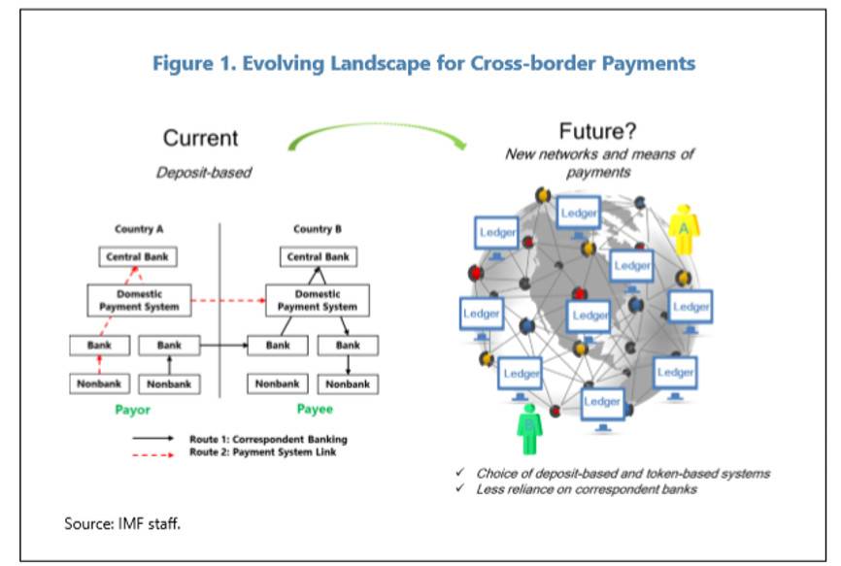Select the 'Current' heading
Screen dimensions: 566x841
pos(200,138)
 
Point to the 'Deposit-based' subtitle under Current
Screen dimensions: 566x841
pos(204,173)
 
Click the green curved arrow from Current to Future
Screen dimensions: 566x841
pos(378,132)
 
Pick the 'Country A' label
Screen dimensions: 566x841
pos(140,229)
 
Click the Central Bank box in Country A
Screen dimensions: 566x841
pos(137,257)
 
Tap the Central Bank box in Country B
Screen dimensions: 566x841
pos(319,257)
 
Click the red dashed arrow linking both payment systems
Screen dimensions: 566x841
pos(228,300)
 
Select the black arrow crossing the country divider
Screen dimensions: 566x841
pos(222,345)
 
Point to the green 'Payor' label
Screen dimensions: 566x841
pos(132,410)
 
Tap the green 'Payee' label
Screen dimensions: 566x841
pos(314,410)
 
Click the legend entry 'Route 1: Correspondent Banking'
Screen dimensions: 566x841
pos(268,439)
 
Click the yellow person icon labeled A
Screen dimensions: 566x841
pos(684,229)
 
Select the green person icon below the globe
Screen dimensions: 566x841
pos(528,427)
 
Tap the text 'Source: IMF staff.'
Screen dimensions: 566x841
pos(122,523)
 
